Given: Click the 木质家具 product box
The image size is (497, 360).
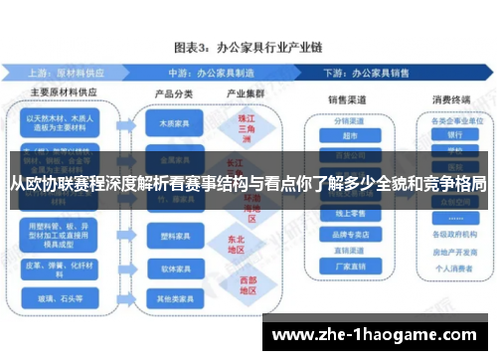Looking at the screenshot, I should tap(168, 125).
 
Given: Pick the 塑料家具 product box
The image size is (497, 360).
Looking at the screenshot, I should tap(168, 238).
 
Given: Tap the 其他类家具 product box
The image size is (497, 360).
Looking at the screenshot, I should tap(168, 296).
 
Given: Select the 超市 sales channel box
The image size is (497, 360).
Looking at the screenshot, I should tap(349, 137).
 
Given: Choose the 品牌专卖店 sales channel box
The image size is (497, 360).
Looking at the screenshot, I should tap(349, 235).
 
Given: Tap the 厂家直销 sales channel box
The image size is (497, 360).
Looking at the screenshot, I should tap(349, 267).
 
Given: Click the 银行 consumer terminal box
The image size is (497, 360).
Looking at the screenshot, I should tap(454, 135).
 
